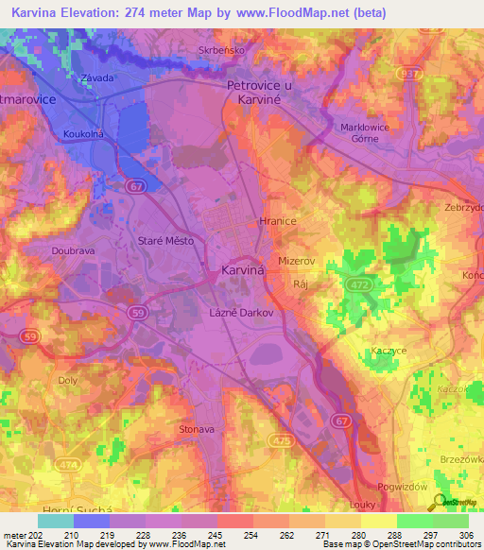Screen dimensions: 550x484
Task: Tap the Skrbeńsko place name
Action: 220,50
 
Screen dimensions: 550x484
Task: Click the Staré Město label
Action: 165,241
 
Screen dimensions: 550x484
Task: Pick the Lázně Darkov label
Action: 241,312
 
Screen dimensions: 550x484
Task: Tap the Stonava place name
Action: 197,429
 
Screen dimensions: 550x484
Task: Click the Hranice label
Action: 277,220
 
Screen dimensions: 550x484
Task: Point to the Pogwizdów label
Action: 404,486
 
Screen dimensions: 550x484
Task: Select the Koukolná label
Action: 83,135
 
